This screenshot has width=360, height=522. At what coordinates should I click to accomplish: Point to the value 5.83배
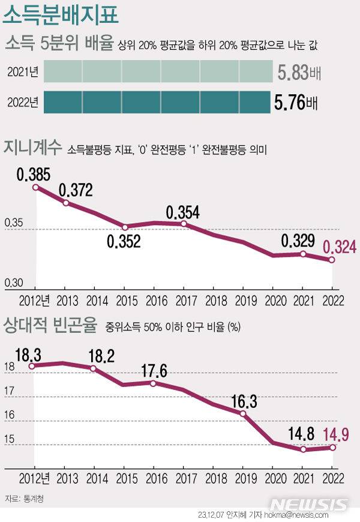(298, 73)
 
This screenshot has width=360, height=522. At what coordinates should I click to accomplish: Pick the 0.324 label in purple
(340, 247)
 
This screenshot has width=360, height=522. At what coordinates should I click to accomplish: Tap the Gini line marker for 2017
(184, 224)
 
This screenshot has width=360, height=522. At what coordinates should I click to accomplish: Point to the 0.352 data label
(124, 242)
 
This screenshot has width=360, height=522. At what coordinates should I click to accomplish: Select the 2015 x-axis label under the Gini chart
(125, 300)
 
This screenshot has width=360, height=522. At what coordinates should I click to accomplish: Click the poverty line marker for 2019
(243, 413)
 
